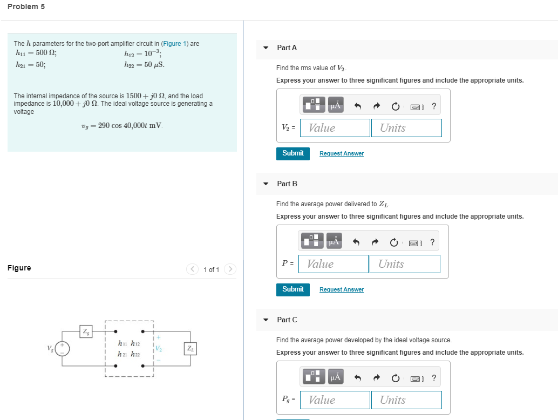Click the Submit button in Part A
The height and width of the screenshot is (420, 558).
click(x=293, y=153)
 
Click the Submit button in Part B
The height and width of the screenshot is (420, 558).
click(x=293, y=289)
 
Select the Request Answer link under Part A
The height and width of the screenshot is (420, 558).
click(x=341, y=154)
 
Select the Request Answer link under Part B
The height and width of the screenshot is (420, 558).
click(x=341, y=290)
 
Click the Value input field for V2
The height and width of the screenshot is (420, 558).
click(x=339, y=128)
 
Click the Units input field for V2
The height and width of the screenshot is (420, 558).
click(x=406, y=128)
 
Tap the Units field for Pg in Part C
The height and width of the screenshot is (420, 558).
click(x=406, y=400)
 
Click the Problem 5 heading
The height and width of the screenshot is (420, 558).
click(x=26, y=6)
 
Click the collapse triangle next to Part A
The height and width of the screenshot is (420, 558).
click(x=266, y=48)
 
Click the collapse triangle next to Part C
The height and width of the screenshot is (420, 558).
click(x=266, y=320)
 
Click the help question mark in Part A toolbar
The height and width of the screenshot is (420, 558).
click(x=434, y=106)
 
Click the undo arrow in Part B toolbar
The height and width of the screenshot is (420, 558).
click(x=356, y=242)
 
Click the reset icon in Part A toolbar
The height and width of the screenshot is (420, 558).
click(x=396, y=106)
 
